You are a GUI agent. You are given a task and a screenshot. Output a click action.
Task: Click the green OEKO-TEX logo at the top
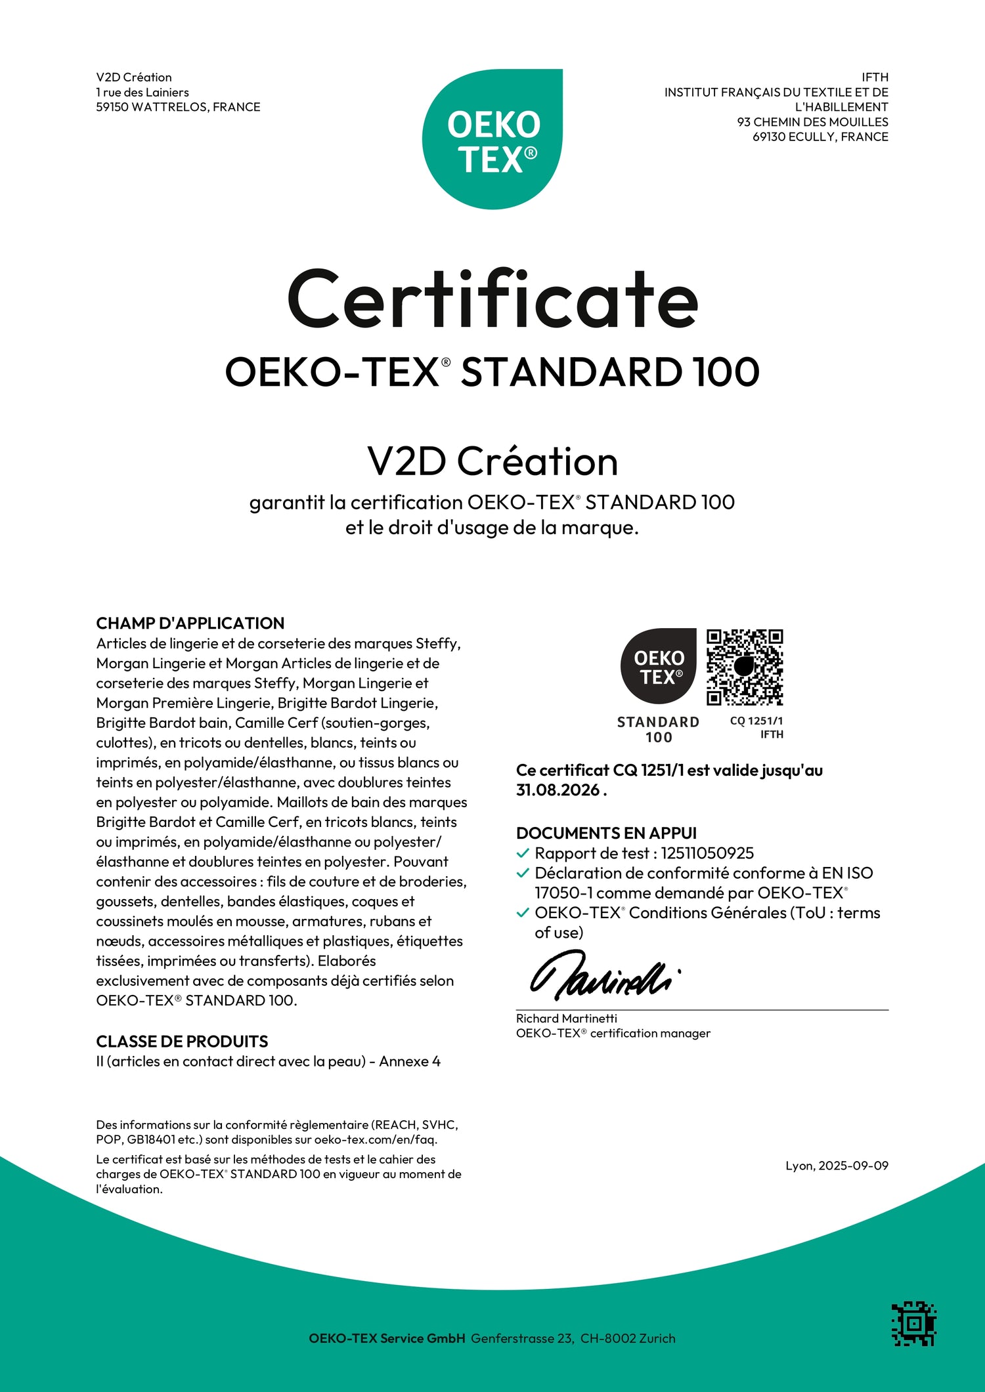point(492,139)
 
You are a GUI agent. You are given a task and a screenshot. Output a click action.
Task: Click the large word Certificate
point(492,300)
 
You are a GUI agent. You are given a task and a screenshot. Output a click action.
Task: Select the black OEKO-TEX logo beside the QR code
point(659,667)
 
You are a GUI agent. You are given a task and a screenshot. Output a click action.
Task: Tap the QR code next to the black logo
point(745,667)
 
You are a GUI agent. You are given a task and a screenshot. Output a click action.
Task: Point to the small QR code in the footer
point(913,1323)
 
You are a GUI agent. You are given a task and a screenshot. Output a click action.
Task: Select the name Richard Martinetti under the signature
point(566,1019)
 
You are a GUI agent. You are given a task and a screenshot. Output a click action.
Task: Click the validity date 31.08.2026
point(558,790)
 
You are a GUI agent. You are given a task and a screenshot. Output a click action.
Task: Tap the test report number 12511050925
point(707,853)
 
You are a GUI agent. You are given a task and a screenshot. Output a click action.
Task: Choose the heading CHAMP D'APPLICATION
point(190,623)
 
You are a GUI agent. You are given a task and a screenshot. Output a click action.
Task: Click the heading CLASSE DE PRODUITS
point(182,1042)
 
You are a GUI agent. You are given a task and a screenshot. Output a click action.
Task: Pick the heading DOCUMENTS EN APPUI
point(606,833)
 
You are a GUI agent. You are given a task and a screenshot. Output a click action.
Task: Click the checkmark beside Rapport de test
point(523,853)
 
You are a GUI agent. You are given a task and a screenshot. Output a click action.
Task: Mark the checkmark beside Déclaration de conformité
point(523,873)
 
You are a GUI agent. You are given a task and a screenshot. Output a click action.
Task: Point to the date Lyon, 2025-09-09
point(837,1166)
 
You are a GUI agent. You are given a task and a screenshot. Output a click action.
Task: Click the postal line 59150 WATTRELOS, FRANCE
point(178,107)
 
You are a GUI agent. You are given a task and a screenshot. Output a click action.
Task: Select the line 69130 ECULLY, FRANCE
point(820,137)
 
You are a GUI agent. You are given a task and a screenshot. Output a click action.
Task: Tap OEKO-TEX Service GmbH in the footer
point(387,1338)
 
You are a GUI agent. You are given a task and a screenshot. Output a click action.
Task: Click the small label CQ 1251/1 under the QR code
point(756,721)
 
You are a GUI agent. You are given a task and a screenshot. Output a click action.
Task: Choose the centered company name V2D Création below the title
point(492,461)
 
